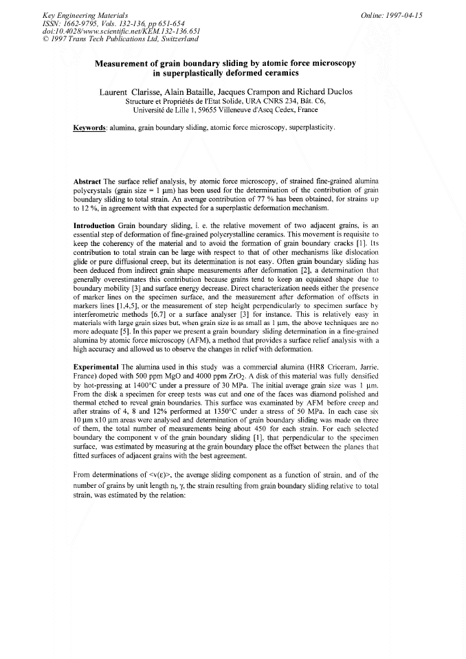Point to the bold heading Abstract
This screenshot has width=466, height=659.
coord(89,181)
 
